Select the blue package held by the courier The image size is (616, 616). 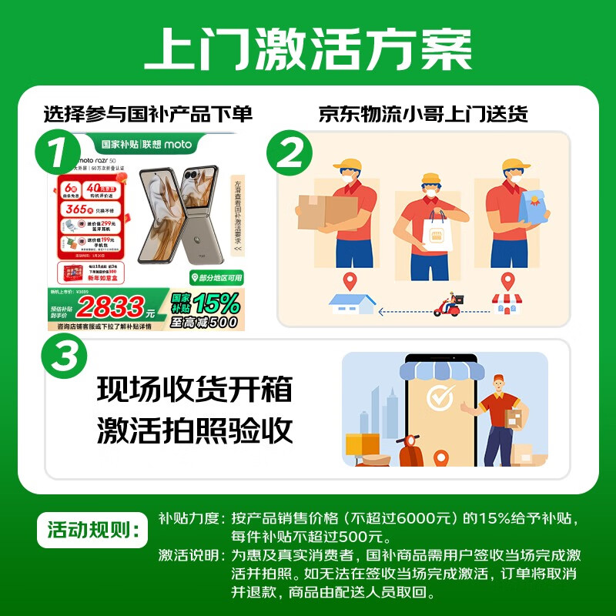534,206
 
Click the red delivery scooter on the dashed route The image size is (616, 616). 447,306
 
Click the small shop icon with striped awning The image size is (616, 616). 507,303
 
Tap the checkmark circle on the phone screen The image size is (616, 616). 440,398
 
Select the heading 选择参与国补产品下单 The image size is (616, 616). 148,114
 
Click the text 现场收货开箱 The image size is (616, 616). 195,390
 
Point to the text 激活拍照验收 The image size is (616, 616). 195,431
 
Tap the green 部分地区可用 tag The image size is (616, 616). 216,277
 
